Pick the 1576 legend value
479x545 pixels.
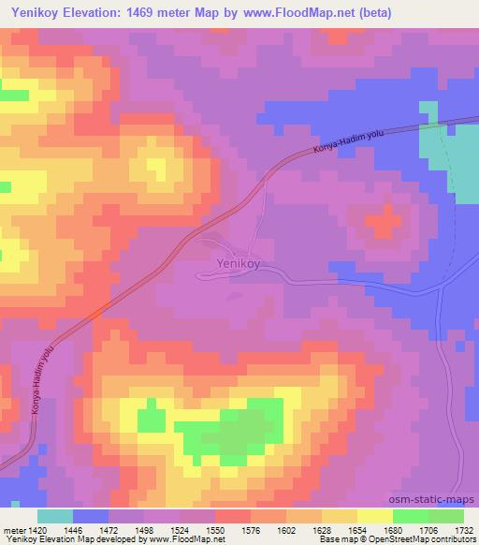pos(250,529)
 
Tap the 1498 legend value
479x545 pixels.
pos(143,529)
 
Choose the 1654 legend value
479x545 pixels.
pos(356,529)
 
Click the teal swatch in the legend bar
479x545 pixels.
pos(55,516)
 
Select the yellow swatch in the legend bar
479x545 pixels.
pos(374,516)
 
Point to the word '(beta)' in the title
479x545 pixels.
pos(370,12)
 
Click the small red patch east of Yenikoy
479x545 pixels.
pos(379,222)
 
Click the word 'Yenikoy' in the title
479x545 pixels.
pos(35,12)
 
